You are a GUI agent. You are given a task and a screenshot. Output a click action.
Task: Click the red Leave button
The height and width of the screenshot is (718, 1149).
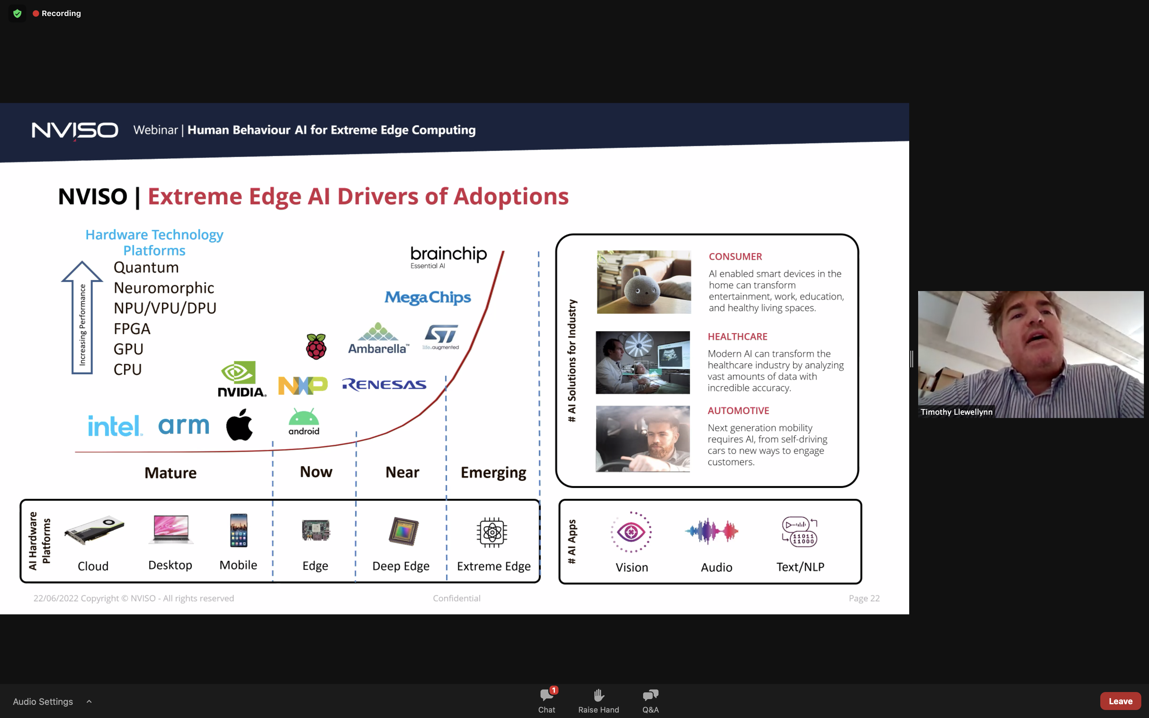[x=1120, y=701]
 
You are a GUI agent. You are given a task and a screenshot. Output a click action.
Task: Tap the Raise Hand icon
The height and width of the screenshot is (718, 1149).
[x=599, y=695]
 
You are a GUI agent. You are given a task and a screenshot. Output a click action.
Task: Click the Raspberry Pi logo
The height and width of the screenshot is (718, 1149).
[x=316, y=346]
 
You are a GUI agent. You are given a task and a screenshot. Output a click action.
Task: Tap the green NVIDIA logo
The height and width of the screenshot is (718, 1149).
[x=242, y=379]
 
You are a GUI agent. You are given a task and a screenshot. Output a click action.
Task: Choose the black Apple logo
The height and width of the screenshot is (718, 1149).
[x=239, y=424]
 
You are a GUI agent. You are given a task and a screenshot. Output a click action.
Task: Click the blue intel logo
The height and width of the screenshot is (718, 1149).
[x=115, y=425]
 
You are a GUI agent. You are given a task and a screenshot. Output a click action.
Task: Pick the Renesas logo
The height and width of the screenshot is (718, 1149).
[x=384, y=384]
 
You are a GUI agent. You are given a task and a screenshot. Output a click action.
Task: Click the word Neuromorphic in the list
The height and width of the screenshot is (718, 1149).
[x=164, y=288]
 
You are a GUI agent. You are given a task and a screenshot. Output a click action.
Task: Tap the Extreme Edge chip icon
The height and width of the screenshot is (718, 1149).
[x=492, y=532]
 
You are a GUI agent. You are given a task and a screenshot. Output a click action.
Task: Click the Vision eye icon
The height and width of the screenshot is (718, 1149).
[x=631, y=532]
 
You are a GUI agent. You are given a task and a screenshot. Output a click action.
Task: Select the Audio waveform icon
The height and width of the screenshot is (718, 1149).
[x=712, y=531]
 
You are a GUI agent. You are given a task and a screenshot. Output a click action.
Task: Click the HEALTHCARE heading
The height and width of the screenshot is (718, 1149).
[x=737, y=337]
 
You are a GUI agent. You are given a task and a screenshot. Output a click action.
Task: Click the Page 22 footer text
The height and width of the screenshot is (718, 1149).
[x=864, y=598]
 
